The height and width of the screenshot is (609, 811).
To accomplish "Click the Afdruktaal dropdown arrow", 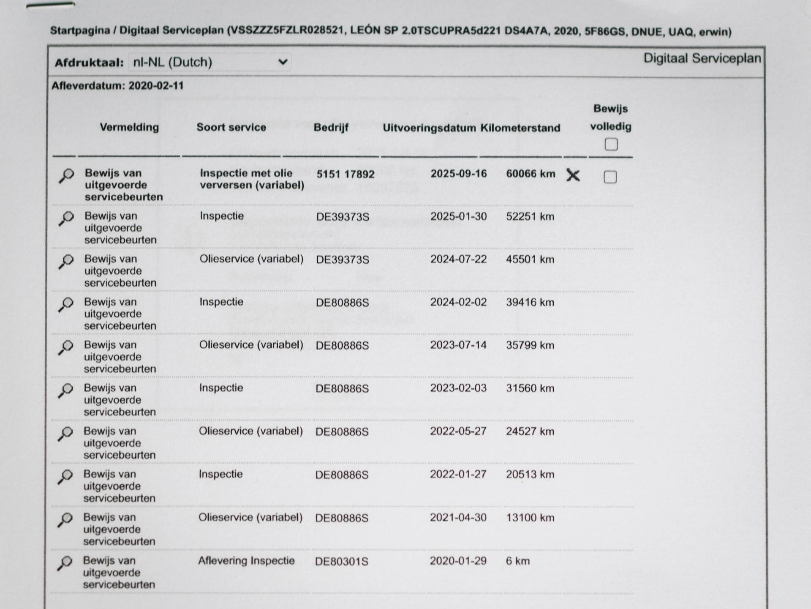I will point(283,62).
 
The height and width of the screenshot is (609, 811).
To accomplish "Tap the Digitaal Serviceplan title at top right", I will point(702,58).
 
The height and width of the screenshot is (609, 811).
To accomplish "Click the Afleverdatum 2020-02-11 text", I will point(117,86).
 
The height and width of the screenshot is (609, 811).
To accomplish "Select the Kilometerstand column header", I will point(520,128).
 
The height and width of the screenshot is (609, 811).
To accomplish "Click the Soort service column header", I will point(231,127).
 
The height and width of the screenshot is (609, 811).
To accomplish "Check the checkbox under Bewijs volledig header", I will point(611,145).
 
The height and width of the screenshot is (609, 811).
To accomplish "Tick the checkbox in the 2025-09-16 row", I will point(610,177).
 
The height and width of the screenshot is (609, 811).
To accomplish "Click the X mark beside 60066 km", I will point(573,175).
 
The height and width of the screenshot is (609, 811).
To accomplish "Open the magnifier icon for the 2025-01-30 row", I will point(66,218).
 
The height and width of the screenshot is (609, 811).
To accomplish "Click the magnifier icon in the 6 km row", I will point(65,563).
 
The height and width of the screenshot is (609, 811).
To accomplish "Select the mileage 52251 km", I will point(530,216).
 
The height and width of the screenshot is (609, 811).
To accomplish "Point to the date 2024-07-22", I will point(458,259).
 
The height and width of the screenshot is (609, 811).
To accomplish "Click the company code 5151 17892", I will point(345,174).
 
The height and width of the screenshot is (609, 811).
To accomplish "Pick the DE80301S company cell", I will point(341,561).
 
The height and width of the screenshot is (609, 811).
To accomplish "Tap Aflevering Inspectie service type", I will point(246,561).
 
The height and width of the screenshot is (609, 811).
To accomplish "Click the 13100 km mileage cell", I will point(530,518).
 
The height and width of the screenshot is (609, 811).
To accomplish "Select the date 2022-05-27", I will point(458,431).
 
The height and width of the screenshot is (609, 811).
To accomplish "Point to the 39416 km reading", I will point(530,302).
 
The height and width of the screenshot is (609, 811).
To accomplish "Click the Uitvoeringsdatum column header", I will point(429,128).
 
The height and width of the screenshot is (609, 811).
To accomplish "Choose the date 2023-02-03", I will point(458,388).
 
